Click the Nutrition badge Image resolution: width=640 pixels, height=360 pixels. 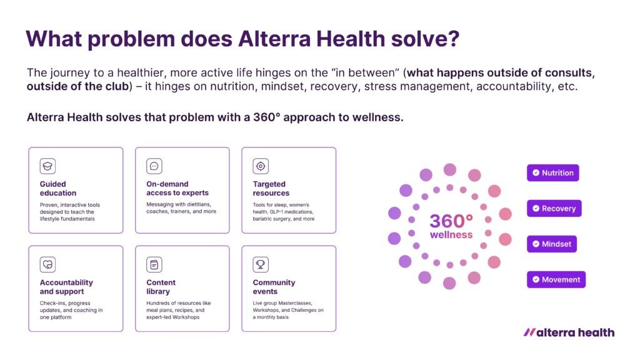pyautogui.click(x=552, y=172)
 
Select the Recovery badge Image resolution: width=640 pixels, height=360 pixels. pyautogui.click(x=554, y=208)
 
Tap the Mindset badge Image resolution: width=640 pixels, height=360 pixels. pyautogui.click(x=552, y=244)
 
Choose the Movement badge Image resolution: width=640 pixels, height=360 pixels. pyautogui.click(x=556, y=279)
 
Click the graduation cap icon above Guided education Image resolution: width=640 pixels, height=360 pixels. pyautogui.click(x=47, y=166)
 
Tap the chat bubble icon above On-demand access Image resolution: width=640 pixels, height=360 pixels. pyautogui.click(x=154, y=166)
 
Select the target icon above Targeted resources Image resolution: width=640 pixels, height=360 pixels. pyautogui.click(x=261, y=166)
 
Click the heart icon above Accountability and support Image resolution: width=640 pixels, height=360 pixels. pyautogui.click(x=47, y=264)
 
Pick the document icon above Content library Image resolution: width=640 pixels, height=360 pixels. pyautogui.click(x=154, y=264)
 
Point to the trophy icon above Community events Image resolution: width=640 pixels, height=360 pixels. pyautogui.click(x=261, y=264)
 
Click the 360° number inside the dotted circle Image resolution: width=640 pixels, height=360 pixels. pyautogui.click(x=451, y=221)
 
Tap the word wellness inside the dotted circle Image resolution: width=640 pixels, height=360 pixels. pyautogui.click(x=451, y=235)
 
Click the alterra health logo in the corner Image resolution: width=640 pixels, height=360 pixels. pyautogui.click(x=569, y=332)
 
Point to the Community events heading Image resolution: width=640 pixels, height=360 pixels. pyautogui.click(x=274, y=287)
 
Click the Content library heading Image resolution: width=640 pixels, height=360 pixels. pyautogui.click(x=161, y=287)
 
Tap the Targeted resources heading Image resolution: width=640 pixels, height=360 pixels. pyautogui.click(x=271, y=189)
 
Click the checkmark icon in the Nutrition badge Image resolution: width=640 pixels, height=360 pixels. pyautogui.click(x=536, y=172)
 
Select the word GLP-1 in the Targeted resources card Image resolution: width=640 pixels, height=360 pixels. pyautogui.click(x=277, y=212)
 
